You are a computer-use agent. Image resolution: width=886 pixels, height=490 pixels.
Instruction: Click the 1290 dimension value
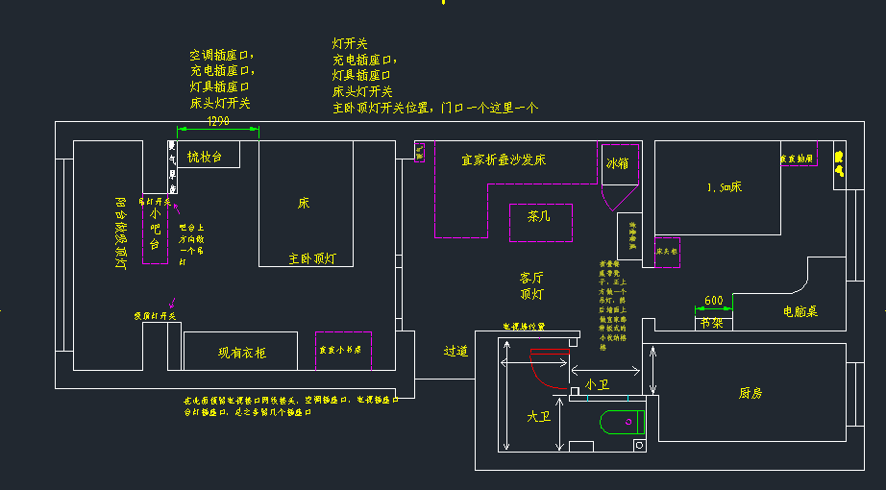[x=218, y=120]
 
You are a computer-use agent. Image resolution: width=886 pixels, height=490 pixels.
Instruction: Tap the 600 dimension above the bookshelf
[x=714, y=301]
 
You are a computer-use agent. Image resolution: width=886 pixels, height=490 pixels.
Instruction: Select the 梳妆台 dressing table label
[x=205, y=157]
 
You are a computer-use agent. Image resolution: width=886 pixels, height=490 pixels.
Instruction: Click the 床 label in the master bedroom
[x=304, y=204]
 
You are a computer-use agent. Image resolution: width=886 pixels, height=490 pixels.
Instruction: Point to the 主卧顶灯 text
[x=313, y=258]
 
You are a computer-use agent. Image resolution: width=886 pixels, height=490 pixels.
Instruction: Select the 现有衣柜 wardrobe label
[x=242, y=353]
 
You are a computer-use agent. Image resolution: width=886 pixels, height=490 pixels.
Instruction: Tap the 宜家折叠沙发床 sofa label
[x=504, y=159]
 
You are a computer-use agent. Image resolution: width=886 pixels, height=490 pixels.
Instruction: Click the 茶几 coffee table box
[x=540, y=218]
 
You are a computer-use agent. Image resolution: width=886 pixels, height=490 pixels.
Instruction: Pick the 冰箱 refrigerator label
[x=617, y=164]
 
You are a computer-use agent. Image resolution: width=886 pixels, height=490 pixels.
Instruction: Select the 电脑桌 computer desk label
[x=800, y=311]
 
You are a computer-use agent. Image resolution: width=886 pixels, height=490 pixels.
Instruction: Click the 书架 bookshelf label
[x=712, y=323]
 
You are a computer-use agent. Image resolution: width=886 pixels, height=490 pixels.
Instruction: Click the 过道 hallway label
[x=455, y=352]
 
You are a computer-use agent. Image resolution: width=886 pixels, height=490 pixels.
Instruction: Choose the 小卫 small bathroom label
[x=598, y=384]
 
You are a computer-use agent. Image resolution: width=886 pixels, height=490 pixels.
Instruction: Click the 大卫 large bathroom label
[x=537, y=417]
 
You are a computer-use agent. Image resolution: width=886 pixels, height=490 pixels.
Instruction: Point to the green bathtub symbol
[x=621, y=422]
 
